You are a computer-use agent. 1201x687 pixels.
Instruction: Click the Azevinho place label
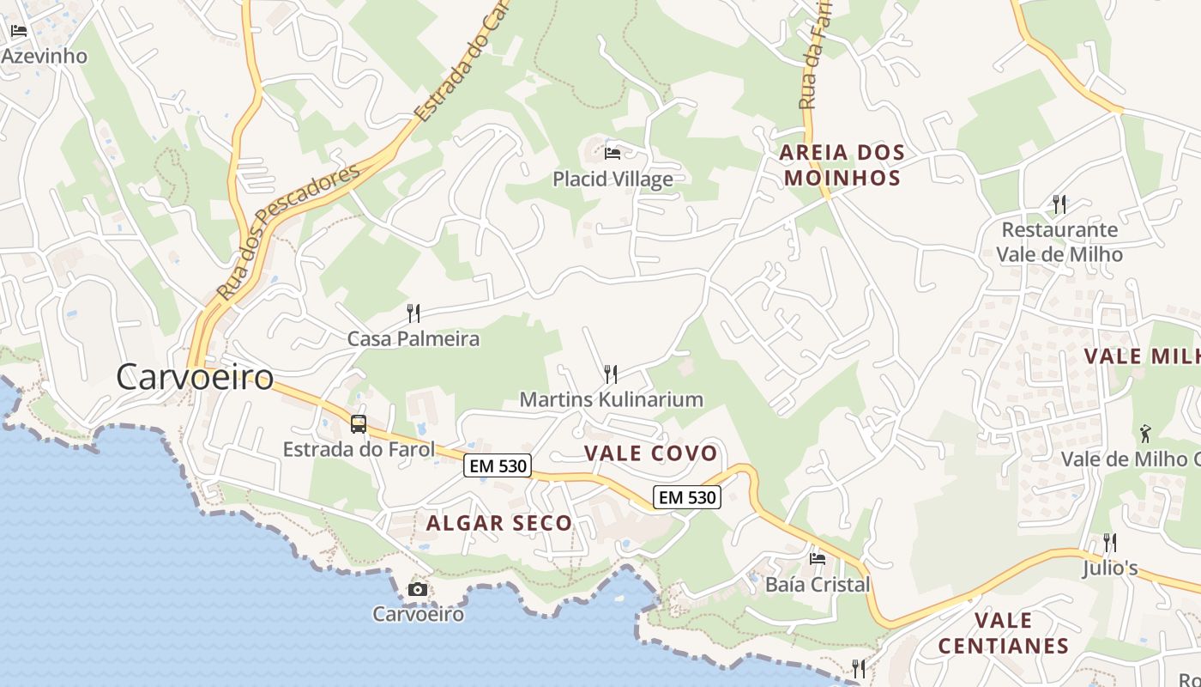(x=45, y=56)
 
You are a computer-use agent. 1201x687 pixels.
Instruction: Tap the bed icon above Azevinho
(x=19, y=31)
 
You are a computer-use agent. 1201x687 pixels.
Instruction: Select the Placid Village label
(x=613, y=179)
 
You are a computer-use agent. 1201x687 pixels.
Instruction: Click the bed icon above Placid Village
(x=613, y=153)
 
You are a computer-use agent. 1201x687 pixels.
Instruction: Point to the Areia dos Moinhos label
(x=842, y=166)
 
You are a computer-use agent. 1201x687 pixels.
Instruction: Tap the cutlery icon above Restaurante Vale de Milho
(x=1059, y=204)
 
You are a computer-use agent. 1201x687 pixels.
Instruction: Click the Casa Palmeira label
(x=413, y=338)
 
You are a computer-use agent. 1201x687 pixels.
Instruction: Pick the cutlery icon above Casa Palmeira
(x=413, y=313)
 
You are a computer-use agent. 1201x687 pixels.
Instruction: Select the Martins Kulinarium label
(x=611, y=399)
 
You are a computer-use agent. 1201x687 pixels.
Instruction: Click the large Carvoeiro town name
(x=195, y=377)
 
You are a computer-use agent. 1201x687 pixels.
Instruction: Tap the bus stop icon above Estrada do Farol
(x=359, y=423)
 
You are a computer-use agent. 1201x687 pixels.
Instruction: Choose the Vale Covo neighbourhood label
(x=650, y=453)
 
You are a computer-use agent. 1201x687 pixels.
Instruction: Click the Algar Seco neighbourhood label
(x=499, y=523)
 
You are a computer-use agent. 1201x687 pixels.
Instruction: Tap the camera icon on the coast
(x=418, y=589)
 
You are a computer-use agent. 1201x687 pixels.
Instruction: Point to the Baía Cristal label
(x=818, y=585)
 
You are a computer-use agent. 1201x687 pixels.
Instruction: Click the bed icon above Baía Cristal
(x=818, y=559)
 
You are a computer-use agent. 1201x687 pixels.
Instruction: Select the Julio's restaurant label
(x=1109, y=568)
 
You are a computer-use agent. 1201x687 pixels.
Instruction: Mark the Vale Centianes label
(x=1003, y=633)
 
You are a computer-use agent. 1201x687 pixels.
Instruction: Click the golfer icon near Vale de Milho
(x=1144, y=433)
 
